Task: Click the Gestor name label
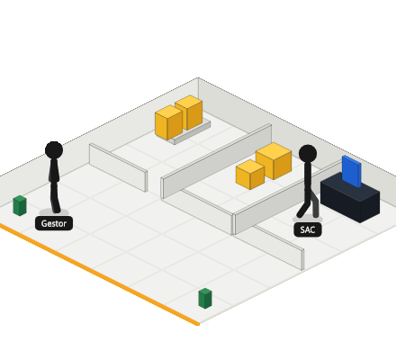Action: click(x=54, y=223)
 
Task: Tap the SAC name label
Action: click(x=308, y=229)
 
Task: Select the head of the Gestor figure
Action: click(x=54, y=149)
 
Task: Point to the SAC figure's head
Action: click(x=308, y=153)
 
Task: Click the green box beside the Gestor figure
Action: click(x=20, y=205)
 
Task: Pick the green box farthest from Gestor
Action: click(x=205, y=299)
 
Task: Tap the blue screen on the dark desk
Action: click(x=351, y=172)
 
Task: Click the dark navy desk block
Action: click(x=350, y=198)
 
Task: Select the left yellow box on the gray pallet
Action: click(x=168, y=122)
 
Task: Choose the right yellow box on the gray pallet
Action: click(x=189, y=112)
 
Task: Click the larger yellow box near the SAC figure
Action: click(x=274, y=161)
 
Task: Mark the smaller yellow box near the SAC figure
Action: click(x=250, y=175)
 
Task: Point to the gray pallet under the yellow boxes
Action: click(x=192, y=132)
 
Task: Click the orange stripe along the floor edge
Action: click(x=99, y=274)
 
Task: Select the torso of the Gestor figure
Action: click(x=54, y=171)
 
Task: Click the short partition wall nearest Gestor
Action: click(x=118, y=167)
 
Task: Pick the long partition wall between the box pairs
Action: click(x=217, y=161)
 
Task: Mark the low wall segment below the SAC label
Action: click(x=279, y=247)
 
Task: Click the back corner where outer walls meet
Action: click(x=198, y=78)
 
